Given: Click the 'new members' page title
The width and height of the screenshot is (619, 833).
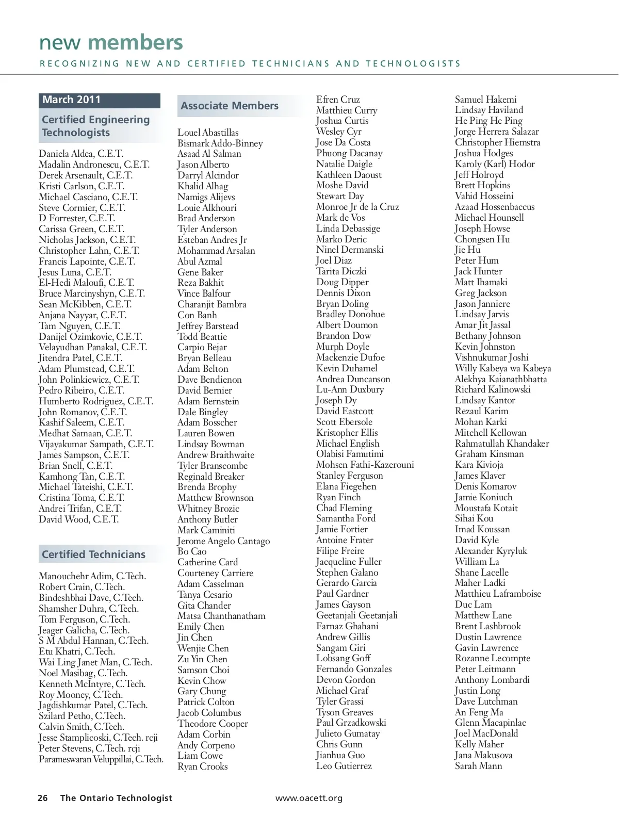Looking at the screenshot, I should pyautogui.click(x=111, y=43).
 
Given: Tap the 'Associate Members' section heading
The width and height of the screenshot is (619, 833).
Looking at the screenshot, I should pyautogui.click(x=230, y=106).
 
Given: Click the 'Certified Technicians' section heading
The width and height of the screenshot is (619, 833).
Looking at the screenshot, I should pyautogui.click(x=94, y=555).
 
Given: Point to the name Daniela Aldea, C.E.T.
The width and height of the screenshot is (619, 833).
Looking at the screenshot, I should pyautogui.click(x=81, y=154).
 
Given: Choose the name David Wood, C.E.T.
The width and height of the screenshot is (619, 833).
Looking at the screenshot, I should pyautogui.click(x=78, y=519).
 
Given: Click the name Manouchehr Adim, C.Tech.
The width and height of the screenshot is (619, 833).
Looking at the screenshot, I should pyautogui.click(x=92, y=576).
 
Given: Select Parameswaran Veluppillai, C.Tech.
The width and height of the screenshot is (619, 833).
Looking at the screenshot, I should pyautogui.click(x=101, y=759).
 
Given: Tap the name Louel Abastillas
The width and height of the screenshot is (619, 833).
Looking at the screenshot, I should pyautogui.click(x=208, y=133).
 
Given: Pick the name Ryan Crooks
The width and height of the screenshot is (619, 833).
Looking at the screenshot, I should pyautogui.click(x=202, y=766).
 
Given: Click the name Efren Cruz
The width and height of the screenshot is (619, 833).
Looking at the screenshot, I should pyautogui.click(x=338, y=100).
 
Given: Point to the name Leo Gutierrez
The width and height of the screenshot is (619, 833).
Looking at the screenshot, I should pyautogui.click(x=344, y=766).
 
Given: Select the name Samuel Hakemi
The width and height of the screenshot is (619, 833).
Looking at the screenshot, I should pyautogui.click(x=485, y=100).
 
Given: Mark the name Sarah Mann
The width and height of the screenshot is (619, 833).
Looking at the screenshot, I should pyautogui.click(x=478, y=766).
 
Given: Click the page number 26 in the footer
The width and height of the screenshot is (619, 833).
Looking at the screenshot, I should pyautogui.click(x=43, y=798).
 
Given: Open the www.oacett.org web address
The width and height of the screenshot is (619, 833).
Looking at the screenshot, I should pyautogui.click(x=309, y=798).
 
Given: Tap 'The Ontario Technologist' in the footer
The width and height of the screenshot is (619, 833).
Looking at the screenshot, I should pyautogui.click(x=116, y=798).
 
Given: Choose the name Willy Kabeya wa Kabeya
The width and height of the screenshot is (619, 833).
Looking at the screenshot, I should pyautogui.click(x=503, y=368).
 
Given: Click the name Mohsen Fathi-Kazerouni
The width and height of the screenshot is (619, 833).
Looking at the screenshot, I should pyautogui.click(x=365, y=465).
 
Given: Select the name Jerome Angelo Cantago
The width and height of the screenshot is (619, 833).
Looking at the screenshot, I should pyautogui.click(x=223, y=541).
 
